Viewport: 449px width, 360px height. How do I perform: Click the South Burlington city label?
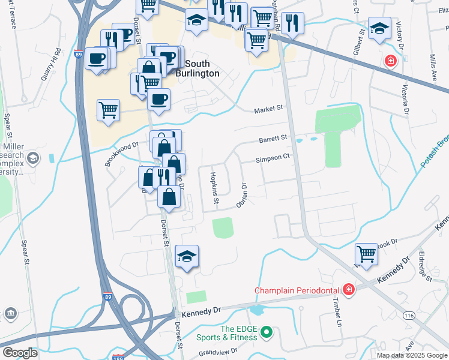[197, 68]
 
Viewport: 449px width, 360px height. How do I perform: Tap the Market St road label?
[268, 109]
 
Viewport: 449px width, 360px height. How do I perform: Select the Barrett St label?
[273, 139]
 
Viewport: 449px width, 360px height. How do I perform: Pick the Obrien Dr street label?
[243, 195]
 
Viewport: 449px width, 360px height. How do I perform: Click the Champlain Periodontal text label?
[297, 290]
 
